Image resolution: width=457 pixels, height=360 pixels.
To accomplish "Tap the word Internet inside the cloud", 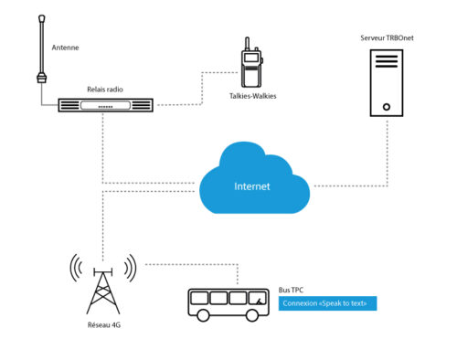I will pyautogui.click(x=253, y=186).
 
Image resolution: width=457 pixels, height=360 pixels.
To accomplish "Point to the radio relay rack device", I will pyautogui.click(x=106, y=105).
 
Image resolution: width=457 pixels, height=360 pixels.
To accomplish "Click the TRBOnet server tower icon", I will pyautogui.click(x=386, y=82).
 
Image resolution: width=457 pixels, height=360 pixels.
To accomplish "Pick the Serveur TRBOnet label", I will pyautogui.click(x=383, y=38).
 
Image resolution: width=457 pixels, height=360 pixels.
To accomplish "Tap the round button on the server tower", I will pyautogui.click(x=386, y=105).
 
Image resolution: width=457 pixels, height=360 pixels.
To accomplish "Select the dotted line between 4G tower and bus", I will pyautogui.click(x=192, y=265).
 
